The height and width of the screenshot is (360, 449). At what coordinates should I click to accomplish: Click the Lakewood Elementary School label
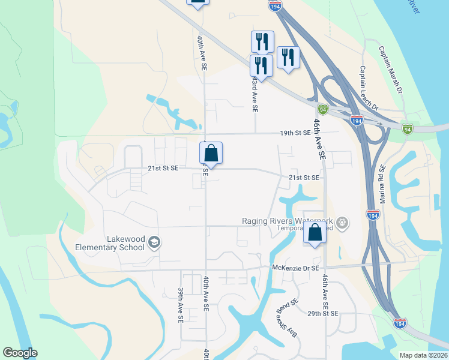110,243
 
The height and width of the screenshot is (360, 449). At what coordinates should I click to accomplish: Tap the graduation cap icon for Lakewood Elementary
154,242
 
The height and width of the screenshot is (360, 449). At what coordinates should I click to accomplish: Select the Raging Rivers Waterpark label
287,221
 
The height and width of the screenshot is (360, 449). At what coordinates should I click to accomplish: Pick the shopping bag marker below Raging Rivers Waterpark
315,233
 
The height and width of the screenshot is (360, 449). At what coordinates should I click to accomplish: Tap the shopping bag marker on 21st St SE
211,154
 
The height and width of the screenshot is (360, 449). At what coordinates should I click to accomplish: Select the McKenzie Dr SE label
294,268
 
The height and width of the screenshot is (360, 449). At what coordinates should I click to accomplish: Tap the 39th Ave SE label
180,305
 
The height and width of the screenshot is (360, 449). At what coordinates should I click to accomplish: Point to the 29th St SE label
322,314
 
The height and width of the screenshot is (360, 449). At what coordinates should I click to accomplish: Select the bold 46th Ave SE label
318,138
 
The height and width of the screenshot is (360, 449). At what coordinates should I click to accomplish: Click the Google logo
20,353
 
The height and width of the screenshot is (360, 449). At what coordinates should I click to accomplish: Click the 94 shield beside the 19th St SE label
324,110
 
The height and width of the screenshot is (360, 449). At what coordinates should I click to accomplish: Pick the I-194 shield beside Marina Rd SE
372,214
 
